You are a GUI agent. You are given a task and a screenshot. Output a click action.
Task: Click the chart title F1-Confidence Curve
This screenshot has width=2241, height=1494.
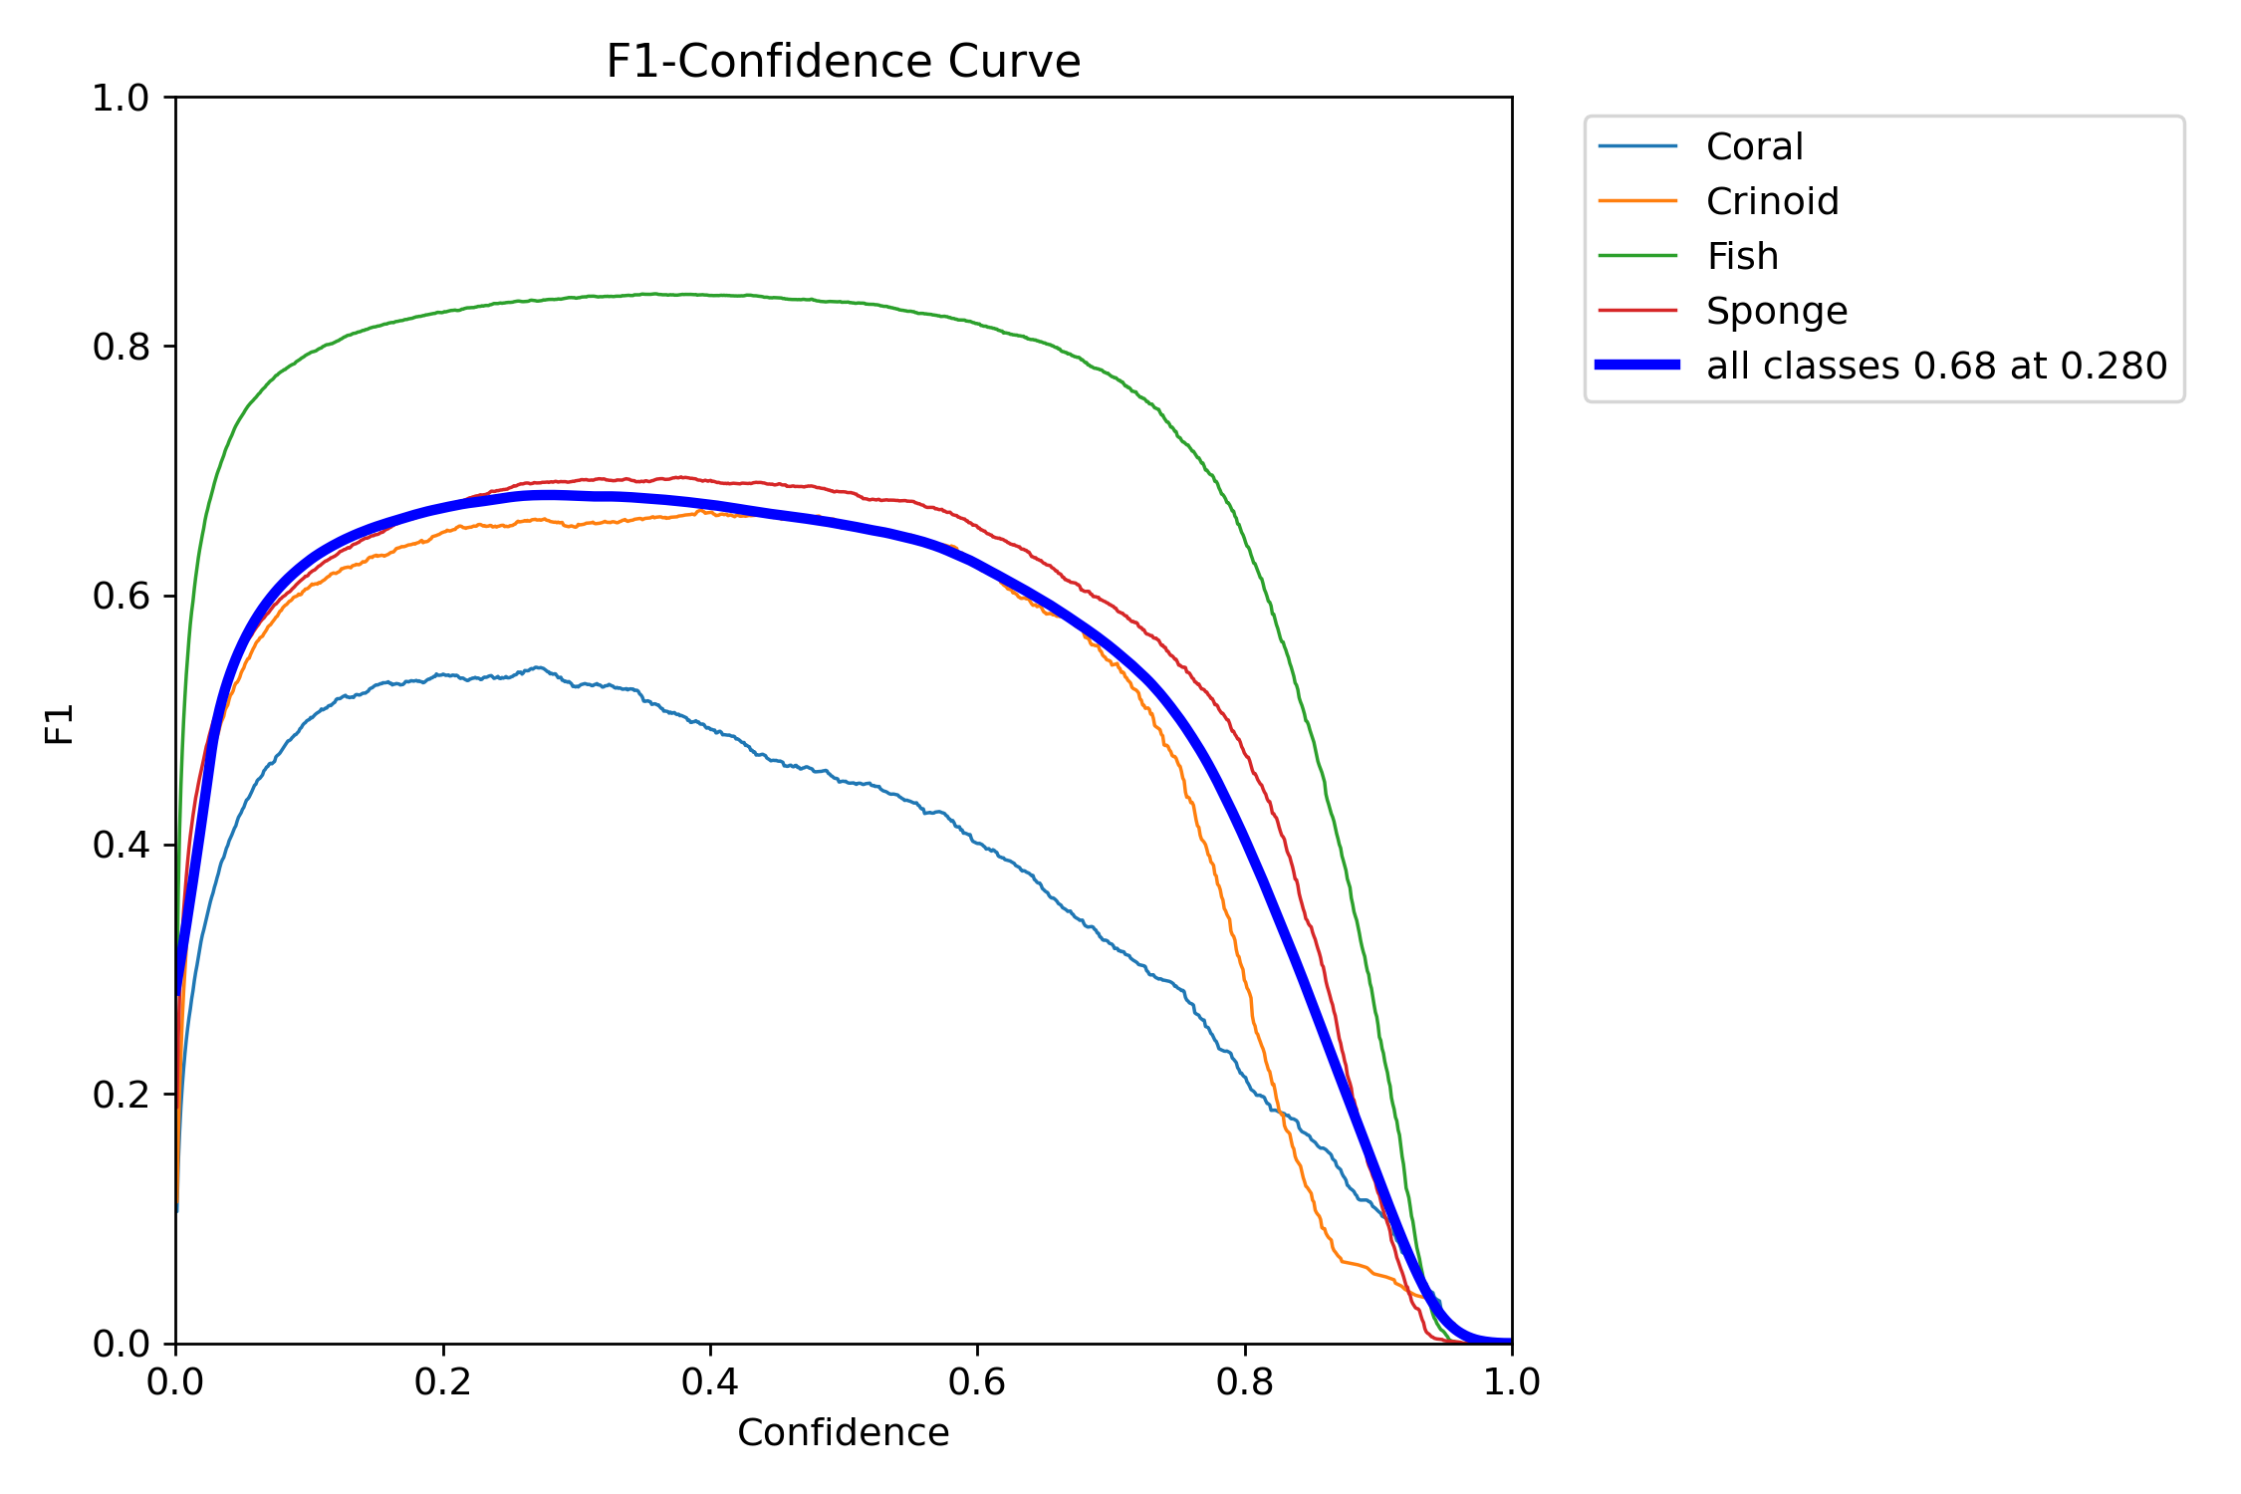(843, 62)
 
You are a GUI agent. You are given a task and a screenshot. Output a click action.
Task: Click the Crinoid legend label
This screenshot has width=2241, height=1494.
(1772, 202)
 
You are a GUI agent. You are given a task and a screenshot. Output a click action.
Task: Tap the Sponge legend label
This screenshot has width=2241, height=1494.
(1777, 312)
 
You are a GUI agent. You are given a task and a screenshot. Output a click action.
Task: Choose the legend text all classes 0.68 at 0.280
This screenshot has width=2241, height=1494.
(1936, 367)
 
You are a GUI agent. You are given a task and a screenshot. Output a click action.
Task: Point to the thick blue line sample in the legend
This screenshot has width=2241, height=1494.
(1637, 366)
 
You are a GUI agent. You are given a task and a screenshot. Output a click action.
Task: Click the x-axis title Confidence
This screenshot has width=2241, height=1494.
(843, 1433)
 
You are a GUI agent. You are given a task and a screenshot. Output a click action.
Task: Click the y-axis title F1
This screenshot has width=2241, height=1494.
(60, 724)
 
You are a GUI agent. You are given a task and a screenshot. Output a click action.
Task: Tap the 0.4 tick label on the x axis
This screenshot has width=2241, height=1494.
(710, 1382)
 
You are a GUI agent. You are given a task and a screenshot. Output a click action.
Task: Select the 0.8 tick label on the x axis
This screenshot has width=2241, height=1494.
(1244, 1382)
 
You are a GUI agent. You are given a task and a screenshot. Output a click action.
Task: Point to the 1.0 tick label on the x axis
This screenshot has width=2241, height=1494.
(1512, 1382)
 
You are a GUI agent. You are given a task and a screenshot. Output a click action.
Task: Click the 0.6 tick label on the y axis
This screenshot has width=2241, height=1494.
(121, 597)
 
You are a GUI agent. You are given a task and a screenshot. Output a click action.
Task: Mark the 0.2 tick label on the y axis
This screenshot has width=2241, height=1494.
(121, 1095)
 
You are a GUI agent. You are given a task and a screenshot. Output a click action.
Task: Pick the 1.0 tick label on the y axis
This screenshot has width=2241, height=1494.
(121, 98)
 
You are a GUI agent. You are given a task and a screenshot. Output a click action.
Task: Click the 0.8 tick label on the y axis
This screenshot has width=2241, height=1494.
(121, 347)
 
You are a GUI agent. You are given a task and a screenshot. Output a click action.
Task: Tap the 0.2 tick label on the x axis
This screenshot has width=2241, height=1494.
(443, 1382)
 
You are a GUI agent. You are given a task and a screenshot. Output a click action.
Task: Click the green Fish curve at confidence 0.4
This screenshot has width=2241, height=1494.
(710, 295)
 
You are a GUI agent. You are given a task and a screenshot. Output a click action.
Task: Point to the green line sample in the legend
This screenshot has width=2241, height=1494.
(1637, 256)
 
